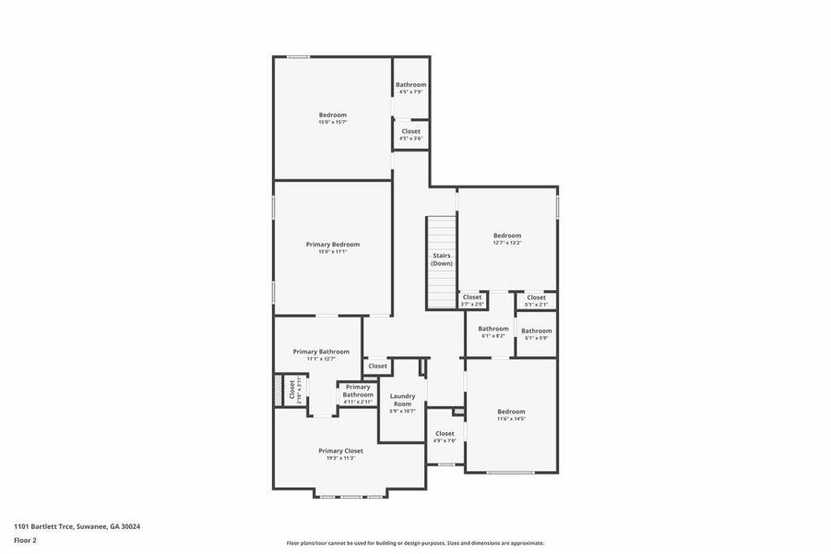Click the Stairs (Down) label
(442, 259)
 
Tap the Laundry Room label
(402, 400)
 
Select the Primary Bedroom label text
(333, 245)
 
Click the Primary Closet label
(340, 451)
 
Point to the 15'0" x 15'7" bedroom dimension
(333, 122)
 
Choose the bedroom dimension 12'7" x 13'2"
(507, 243)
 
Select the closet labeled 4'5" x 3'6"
(411, 134)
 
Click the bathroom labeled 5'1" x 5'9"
(536, 333)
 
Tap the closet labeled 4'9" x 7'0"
(445, 436)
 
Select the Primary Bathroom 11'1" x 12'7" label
(321, 355)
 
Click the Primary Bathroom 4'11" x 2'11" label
(358, 394)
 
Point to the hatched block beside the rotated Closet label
(278, 390)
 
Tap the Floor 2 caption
(25, 539)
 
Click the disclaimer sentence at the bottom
(415, 543)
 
